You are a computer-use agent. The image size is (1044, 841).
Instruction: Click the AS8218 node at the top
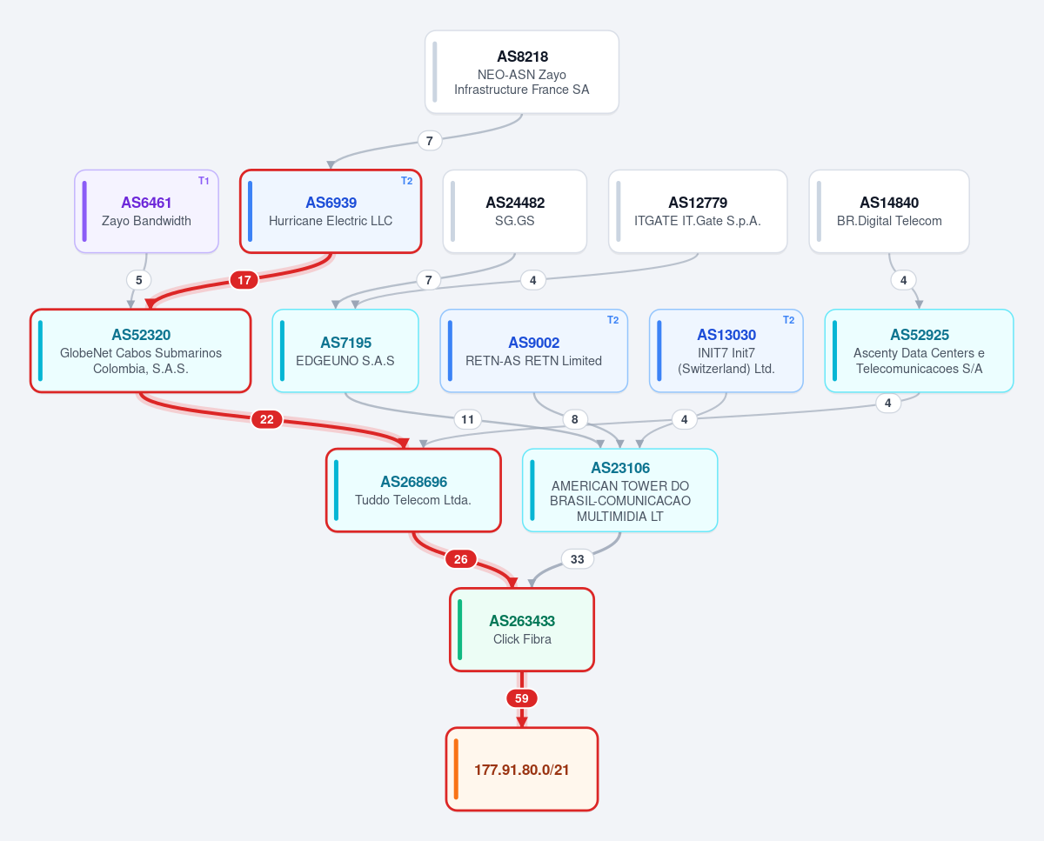pos(521,72)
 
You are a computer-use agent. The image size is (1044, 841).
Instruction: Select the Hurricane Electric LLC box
pos(331,211)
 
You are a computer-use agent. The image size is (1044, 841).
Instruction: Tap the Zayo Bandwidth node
pos(146,211)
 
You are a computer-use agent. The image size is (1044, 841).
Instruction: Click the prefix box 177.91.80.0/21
pos(521,769)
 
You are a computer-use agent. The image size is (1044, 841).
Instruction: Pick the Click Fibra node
pos(521,630)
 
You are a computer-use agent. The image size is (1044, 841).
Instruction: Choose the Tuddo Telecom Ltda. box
pos(413,491)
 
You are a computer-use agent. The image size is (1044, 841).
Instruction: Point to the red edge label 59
pos(521,698)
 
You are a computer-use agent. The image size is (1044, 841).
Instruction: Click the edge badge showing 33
pos(578,559)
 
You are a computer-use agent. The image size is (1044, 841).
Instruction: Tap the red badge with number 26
pos(460,559)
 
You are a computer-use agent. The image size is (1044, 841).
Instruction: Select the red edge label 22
pos(267,419)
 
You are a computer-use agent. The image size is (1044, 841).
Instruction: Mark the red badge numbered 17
pos(244,280)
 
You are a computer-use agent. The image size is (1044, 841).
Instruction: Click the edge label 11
pos(468,419)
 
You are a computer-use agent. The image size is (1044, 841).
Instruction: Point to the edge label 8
pos(575,419)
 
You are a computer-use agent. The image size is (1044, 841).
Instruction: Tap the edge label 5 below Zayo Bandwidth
pos(138,280)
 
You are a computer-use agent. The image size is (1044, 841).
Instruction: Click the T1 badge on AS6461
pos(204,181)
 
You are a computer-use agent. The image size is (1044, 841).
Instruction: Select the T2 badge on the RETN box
pos(612,320)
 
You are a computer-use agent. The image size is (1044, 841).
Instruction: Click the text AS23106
pos(620,468)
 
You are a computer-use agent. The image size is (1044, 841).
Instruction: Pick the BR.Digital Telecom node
pos(889,211)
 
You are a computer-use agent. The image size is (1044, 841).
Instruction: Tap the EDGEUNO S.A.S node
pos(345,350)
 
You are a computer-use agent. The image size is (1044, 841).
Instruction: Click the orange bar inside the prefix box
pos(456,769)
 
